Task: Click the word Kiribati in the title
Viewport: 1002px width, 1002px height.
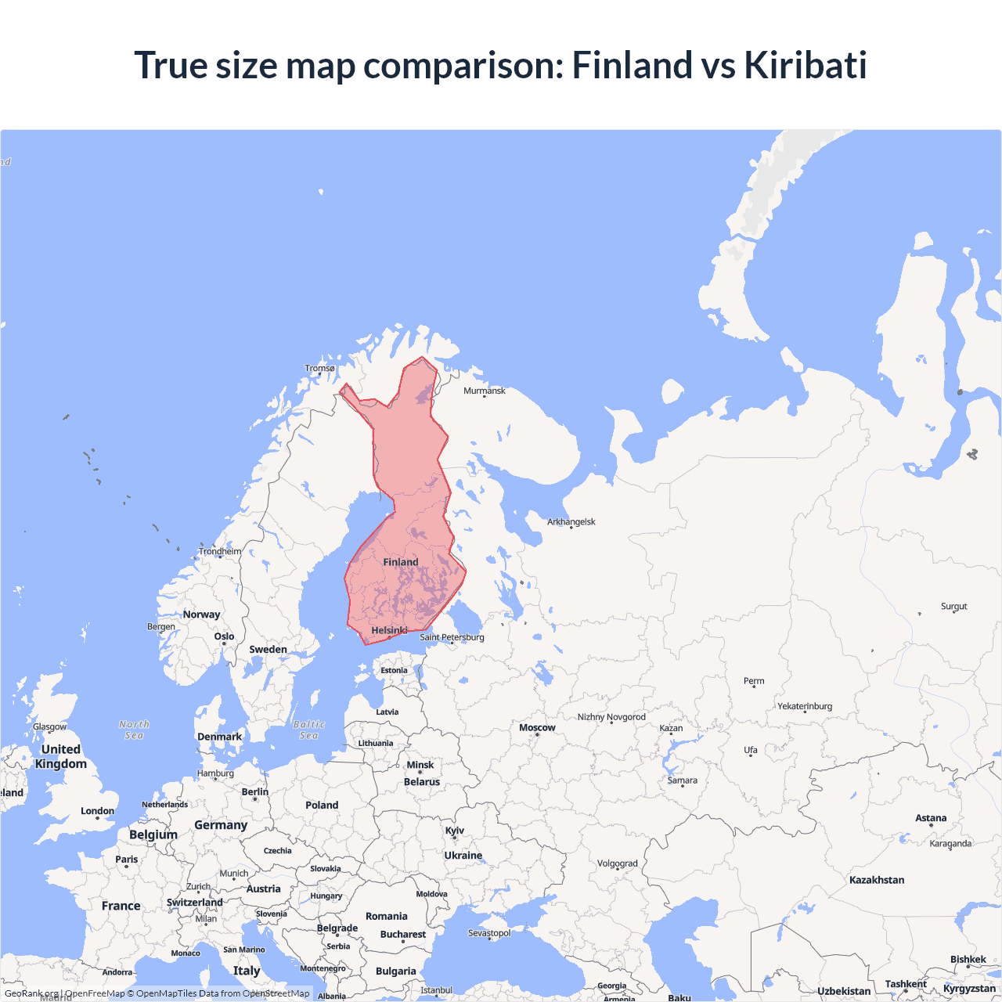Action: (805, 65)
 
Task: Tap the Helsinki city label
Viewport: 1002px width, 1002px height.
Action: (389, 630)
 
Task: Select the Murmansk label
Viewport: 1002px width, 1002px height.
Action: (485, 391)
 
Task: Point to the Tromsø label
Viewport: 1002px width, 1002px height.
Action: (319, 368)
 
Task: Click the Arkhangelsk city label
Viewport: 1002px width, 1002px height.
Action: (571, 521)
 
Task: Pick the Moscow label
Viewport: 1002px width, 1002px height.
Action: (537, 727)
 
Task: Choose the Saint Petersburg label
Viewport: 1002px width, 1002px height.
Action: (452, 637)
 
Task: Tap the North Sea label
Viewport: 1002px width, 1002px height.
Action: (134, 730)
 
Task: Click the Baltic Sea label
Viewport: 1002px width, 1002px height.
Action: (309, 730)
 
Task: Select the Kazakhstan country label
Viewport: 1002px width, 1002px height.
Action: (877, 880)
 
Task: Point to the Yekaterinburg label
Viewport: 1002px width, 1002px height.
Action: (805, 706)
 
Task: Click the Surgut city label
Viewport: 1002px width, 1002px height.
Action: (954, 606)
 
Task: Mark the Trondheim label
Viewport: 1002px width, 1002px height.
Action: (220, 551)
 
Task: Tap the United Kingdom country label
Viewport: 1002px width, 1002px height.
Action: (61, 756)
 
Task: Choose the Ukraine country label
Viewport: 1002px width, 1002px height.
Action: (463, 856)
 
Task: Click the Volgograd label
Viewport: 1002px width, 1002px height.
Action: (618, 863)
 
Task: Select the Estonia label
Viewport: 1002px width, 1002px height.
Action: (395, 670)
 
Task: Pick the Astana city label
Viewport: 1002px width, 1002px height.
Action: (931, 818)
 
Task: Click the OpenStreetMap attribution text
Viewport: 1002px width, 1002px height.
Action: (276, 993)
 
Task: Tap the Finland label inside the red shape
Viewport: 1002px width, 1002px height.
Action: (401, 562)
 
